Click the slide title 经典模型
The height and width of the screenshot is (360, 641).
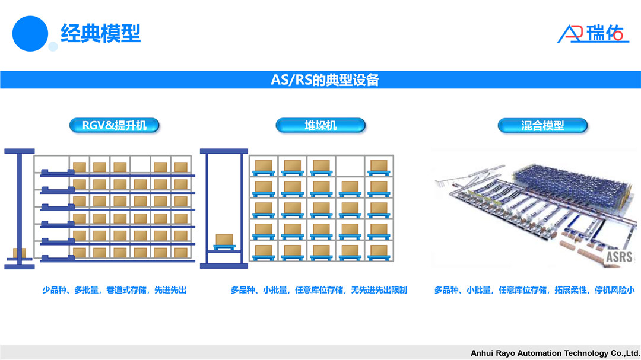click(101, 33)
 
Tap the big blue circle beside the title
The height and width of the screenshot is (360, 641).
click(30, 33)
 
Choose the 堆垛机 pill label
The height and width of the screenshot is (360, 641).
click(320, 125)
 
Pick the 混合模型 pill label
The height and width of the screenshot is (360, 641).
click(542, 125)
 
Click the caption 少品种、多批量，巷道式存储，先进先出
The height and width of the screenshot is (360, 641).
click(115, 290)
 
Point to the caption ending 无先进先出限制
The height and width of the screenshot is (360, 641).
click(319, 290)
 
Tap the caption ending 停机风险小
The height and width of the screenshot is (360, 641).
click(534, 290)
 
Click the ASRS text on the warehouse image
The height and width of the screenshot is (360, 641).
click(619, 257)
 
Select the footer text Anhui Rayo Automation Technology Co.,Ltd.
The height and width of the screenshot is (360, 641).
click(555, 353)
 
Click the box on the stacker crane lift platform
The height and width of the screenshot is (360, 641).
click(224, 240)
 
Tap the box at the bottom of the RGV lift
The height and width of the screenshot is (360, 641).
click(20, 253)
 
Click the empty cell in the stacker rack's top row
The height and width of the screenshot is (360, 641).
click(350, 165)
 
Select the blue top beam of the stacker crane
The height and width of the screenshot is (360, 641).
click(224, 151)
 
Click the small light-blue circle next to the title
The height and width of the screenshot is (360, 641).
click(53, 46)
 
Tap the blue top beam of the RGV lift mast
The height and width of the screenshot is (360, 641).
click(20, 151)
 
